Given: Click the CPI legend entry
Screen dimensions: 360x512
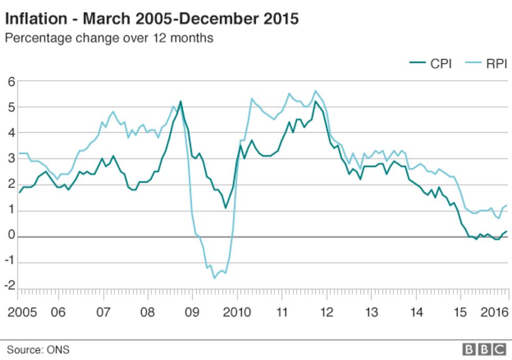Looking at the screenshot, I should click(x=431, y=64).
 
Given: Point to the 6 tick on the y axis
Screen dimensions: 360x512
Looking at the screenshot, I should click(x=11, y=81).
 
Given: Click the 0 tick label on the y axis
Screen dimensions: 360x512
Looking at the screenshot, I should click(x=11, y=237).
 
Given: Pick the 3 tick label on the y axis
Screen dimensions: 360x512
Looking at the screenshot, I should click(x=11, y=159).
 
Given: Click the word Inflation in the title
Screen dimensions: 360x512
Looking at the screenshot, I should click(x=35, y=19).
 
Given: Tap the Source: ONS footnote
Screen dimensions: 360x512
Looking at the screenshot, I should click(x=38, y=350).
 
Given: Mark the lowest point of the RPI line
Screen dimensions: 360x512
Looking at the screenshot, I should click(x=214, y=278).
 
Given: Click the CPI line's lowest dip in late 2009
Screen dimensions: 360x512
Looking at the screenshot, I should click(x=226, y=208).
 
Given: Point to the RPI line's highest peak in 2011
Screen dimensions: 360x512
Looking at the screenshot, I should click(x=315, y=91).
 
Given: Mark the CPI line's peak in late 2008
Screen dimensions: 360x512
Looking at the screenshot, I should click(x=180, y=101).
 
